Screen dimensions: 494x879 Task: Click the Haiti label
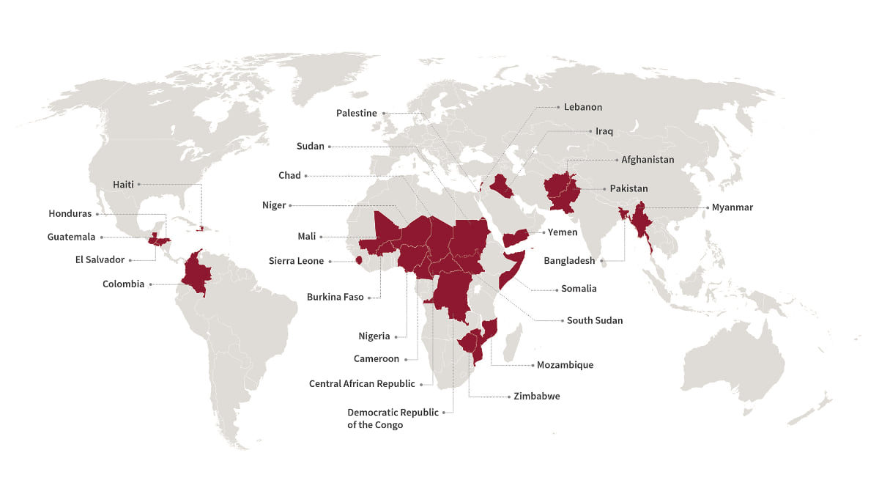[123, 185]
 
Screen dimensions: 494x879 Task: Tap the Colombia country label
[123, 284]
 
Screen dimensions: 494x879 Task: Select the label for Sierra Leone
[296, 261]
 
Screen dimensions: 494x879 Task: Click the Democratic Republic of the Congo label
[393, 419]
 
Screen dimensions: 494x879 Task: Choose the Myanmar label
[732, 207]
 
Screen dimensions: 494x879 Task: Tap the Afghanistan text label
[648, 160]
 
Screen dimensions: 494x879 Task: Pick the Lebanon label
[583, 107]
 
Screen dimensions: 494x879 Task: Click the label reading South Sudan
[594, 320]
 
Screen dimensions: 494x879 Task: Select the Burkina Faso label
[335, 298]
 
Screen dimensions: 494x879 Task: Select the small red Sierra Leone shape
[359, 260]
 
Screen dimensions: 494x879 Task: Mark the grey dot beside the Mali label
[321, 237]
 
